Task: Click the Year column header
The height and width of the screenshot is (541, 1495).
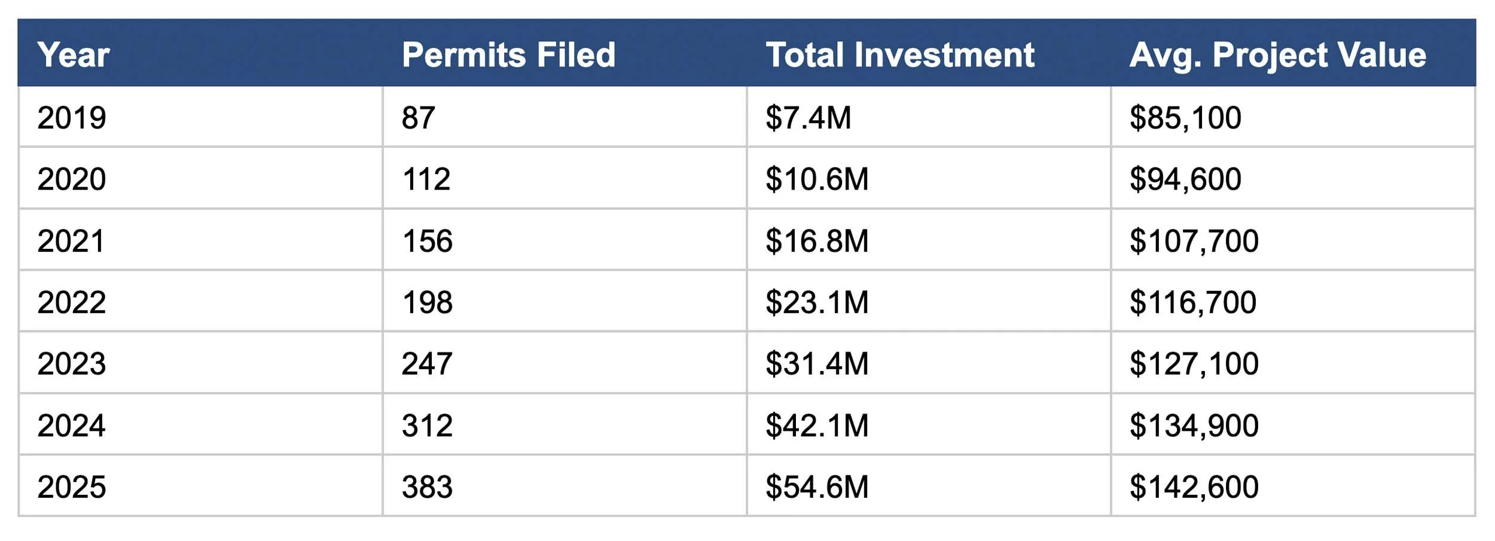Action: tap(73, 55)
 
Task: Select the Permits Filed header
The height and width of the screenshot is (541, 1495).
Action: tap(508, 55)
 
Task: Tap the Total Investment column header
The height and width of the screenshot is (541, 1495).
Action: tap(900, 55)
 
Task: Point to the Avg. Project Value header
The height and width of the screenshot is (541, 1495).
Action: tap(1277, 55)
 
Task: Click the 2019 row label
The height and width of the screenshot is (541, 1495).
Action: tap(72, 117)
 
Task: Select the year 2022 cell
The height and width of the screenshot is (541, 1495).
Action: tap(72, 302)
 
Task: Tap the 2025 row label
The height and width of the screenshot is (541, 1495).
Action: tap(72, 487)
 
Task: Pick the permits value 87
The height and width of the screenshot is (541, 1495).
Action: tap(418, 117)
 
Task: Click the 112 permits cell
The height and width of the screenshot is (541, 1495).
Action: tap(426, 179)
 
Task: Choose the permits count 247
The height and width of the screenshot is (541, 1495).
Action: tap(427, 364)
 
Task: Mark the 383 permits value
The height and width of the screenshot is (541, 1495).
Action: tap(427, 487)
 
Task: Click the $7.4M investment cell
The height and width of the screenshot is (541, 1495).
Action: tap(808, 117)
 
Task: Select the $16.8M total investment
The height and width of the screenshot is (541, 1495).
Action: tap(817, 241)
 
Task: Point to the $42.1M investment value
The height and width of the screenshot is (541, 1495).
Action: tap(817, 425)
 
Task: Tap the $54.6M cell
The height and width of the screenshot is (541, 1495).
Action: tap(817, 487)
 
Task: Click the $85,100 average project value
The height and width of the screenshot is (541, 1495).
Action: tap(1185, 117)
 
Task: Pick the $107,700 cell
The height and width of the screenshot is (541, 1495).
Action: tap(1194, 241)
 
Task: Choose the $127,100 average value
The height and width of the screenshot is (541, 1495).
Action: tap(1194, 364)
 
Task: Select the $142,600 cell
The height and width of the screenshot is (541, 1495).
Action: tap(1194, 487)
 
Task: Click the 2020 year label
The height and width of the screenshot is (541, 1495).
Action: tap(72, 179)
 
